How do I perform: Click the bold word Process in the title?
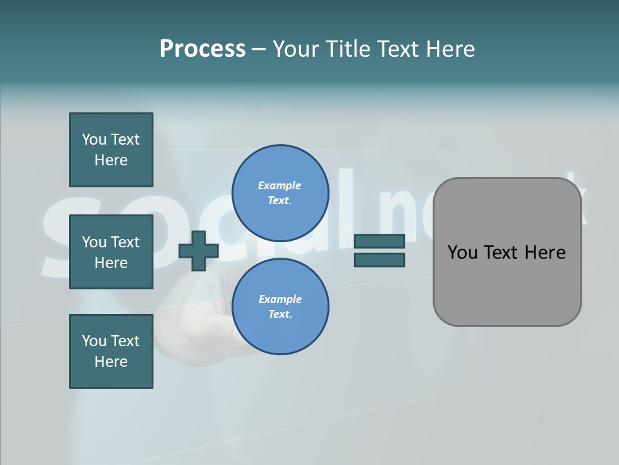202,49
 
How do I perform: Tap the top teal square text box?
111,150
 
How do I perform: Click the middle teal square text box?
111,252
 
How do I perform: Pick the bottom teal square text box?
111,351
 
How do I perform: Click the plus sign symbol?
199,251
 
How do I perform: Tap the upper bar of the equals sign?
379,242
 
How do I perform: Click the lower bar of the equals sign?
379,260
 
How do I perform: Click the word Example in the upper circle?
279,185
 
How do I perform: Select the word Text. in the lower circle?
280,314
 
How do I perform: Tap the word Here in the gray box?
545,253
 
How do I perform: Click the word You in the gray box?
462,253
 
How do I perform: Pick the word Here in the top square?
111,160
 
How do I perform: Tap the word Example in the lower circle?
280,299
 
